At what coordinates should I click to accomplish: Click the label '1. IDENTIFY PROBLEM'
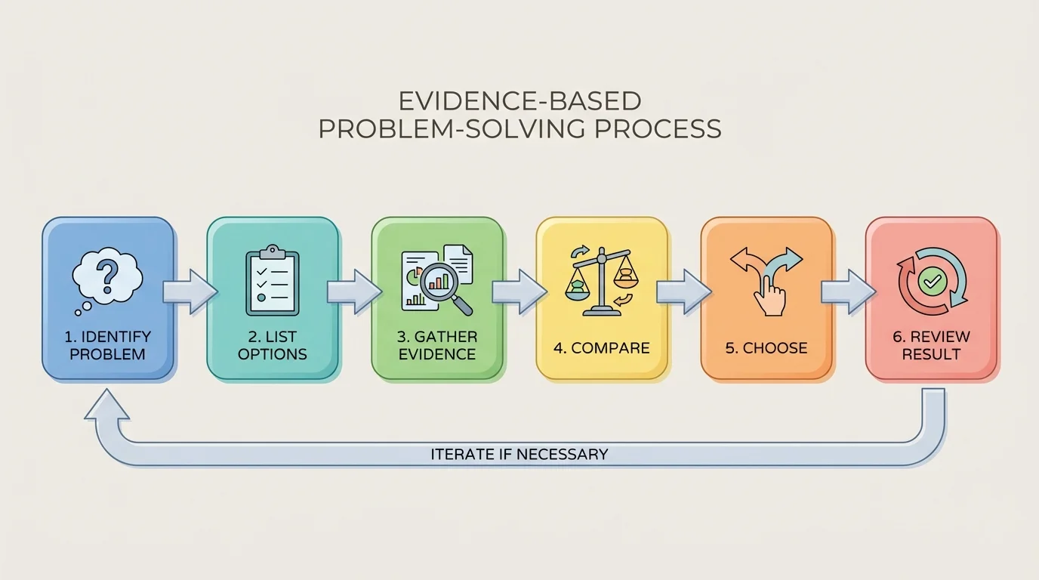(x=108, y=345)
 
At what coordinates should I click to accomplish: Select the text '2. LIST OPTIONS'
(x=272, y=345)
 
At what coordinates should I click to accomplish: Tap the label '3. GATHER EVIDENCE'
(x=437, y=345)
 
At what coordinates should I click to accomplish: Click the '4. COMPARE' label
(x=601, y=348)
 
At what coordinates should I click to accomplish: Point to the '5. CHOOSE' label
(x=766, y=348)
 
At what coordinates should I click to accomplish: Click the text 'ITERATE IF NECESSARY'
(x=519, y=455)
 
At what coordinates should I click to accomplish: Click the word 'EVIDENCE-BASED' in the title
(x=519, y=101)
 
